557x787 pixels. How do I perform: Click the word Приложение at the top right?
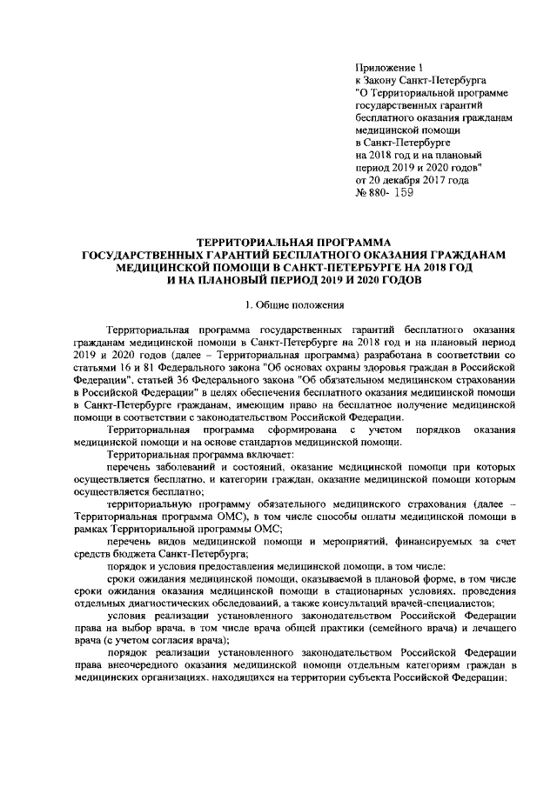(x=386, y=67)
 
